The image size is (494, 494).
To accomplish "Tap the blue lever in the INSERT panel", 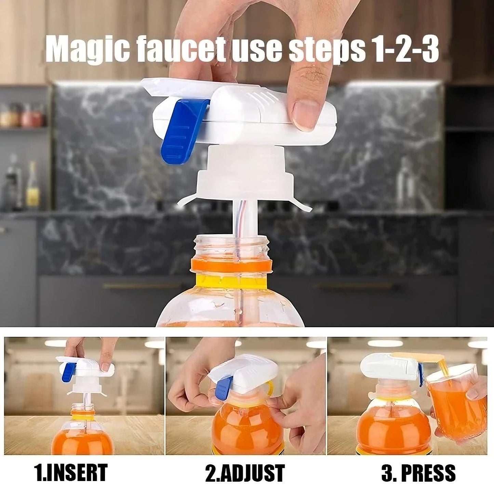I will coord(71,373).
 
